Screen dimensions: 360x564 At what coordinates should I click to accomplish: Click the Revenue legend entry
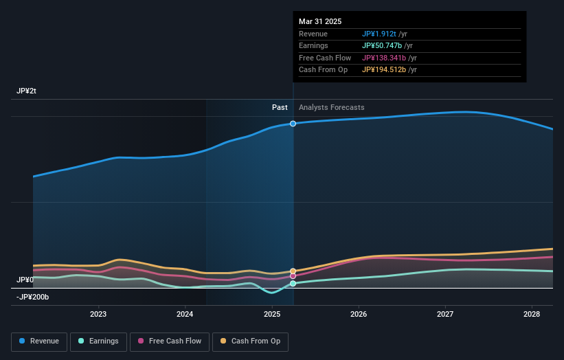(x=39, y=341)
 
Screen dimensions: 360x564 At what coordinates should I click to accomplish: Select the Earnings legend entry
(x=98, y=341)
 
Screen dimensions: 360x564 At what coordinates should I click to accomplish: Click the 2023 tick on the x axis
(x=98, y=314)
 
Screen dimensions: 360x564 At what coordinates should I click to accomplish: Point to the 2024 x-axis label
(x=185, y=314)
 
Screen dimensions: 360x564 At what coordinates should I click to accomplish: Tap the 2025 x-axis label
(x=272, y=314)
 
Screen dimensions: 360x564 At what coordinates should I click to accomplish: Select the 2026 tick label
(x=359, y=314)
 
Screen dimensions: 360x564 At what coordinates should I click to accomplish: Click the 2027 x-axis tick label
(x=445, y=314)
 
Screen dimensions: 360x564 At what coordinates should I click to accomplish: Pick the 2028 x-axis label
(x=532, y=314)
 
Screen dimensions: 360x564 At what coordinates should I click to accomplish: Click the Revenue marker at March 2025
(x=293, y=124)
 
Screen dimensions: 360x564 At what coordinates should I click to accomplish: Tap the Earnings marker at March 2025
(x=293, y=283)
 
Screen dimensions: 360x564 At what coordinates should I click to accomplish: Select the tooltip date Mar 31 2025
(x=320, y=22)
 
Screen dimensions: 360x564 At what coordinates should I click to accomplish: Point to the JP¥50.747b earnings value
(x=383, y=46)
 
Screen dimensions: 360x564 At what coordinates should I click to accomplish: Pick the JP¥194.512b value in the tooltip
(x=385, y=69)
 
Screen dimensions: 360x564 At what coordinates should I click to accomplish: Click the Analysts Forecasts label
(x=331, y=107)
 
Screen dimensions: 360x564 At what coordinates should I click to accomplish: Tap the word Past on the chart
(x=280, y=107)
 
